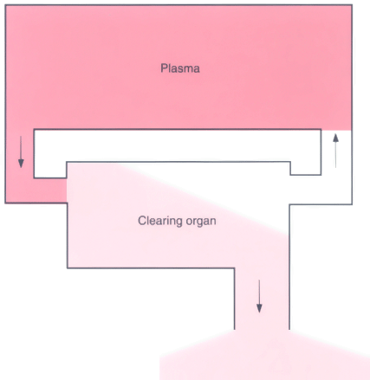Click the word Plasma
coord(180,68)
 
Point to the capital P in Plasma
coord(164,68)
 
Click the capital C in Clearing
coord(141,221)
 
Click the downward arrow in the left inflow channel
coord(21,152)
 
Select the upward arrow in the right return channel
coord(335,151)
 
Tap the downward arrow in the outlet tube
coord(259,296)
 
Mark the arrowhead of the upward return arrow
coord(335,138)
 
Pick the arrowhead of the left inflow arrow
coord(21,164)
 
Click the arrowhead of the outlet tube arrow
coord(259,309)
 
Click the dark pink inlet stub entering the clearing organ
coord(50,190)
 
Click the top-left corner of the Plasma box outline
coord(5,5)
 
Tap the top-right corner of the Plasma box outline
coord(352,5)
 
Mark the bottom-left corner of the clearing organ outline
coord(68,268)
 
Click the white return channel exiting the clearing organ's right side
coord(321,190)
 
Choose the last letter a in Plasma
coord(197,69)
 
